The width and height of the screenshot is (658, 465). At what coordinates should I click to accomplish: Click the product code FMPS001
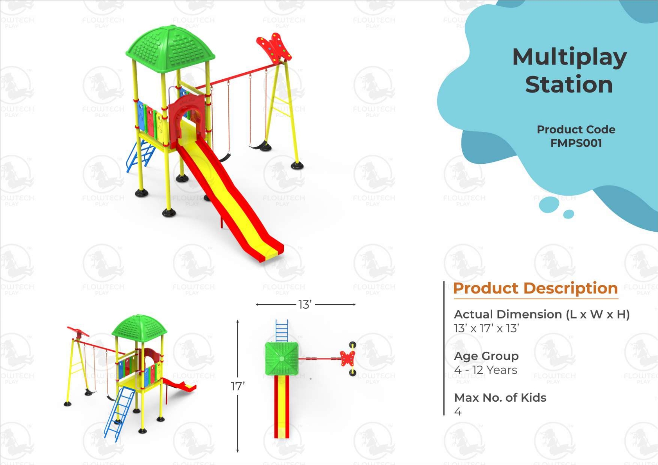(576, 143)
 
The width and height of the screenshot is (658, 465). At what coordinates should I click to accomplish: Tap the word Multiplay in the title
(570, 58)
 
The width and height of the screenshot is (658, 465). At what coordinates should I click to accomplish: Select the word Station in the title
(569, 84)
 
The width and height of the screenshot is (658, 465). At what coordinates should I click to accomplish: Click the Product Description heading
(536, 288)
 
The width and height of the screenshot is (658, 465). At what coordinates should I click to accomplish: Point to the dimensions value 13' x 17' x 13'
(486, 328)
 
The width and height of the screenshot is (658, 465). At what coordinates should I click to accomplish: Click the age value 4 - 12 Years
(486, 370)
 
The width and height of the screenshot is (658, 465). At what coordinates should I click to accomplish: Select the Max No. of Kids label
(500, 397)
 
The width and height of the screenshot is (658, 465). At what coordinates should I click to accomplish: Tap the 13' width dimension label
(305, 305)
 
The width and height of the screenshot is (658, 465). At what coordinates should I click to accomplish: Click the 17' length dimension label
(238, 386)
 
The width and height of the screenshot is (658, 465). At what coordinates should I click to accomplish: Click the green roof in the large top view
(170, 48)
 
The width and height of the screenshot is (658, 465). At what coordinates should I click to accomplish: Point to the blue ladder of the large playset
(141, 156)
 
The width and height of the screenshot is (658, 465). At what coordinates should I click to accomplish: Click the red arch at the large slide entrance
(187, 118)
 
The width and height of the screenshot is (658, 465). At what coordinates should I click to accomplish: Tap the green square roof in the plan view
(282, 358)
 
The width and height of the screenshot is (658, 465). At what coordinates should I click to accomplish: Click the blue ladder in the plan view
(282, 331)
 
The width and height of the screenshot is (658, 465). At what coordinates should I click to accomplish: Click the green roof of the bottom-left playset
(139, 328)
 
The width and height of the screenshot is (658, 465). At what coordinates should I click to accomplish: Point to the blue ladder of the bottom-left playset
(120, 414)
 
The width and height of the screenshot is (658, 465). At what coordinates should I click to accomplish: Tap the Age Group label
(486, 356)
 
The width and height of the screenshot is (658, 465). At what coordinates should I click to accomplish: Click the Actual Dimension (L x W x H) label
(541, 315)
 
